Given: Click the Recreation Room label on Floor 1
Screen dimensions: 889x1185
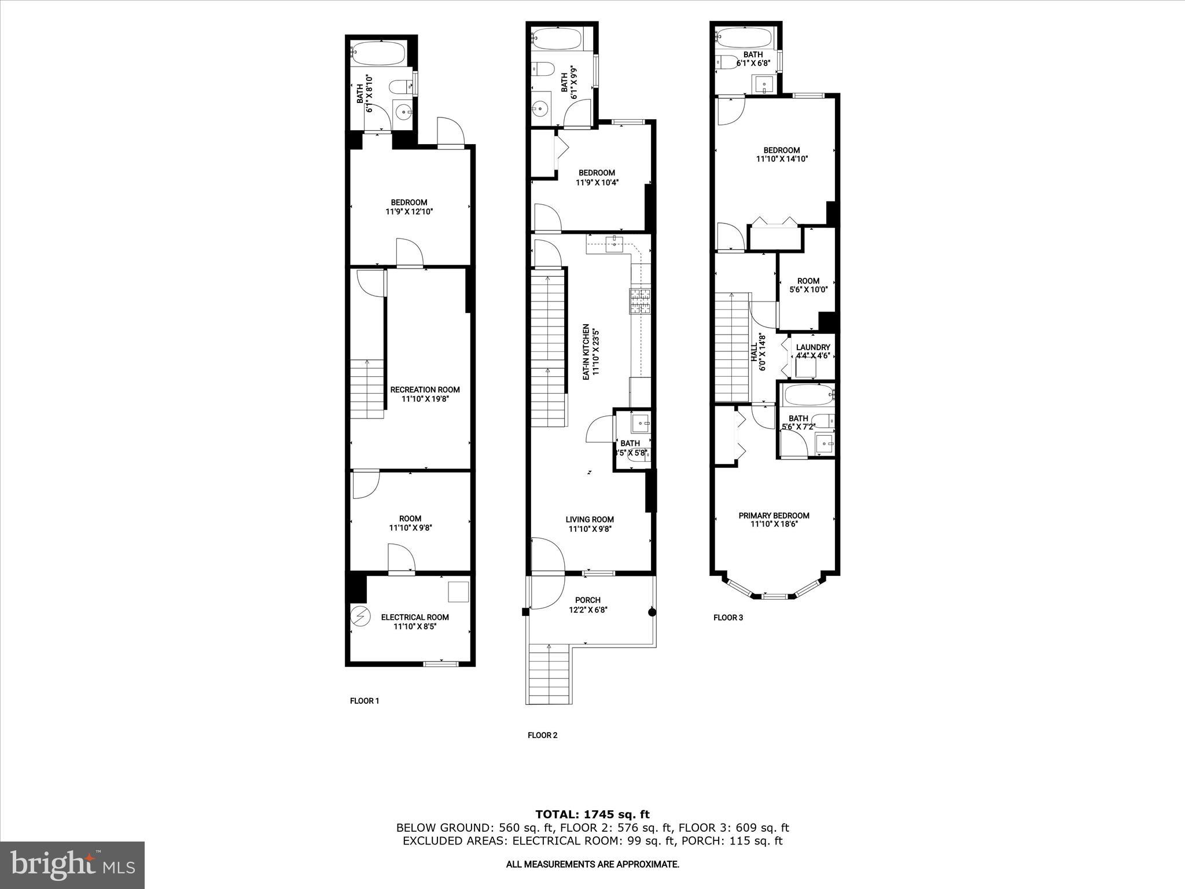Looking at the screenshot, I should pyautogui.click(x=425, y=390).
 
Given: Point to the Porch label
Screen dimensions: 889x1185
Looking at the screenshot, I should pyautogui.click(x=587, y=600).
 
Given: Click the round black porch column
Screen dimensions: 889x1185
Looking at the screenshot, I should pyautogui.click(x=652, y=612).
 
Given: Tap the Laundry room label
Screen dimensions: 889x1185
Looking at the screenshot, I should pyautogui.click(x=812, y=347).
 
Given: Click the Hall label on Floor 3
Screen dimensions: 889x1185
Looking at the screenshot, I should pyautogui.click(x=754, y=352).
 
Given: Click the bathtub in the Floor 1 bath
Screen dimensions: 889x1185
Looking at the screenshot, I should pyautogui.click(x=377, y=54).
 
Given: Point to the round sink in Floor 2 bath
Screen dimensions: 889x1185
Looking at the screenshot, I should pyautogui.click(x=540, y=108).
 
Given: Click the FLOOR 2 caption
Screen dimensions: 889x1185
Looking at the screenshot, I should pyautogui.click(x=542, y=735).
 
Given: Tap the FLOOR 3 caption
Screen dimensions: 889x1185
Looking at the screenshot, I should pyautogui.click(x=728, y=618).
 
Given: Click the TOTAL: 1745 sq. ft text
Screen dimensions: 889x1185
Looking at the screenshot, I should pyautogui.click(x=592, y=814).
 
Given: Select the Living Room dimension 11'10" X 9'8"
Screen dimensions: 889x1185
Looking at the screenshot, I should pyautogui.click(x=590, y=528).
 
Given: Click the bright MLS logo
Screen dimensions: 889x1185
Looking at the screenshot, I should pyautogui.click(x=72, y=865).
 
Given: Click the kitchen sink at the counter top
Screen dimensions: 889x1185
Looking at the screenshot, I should pyautogui.click(x=614, y=243).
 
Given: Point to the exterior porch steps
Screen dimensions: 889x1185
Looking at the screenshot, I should pyautogui.click(x=550, y=675).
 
